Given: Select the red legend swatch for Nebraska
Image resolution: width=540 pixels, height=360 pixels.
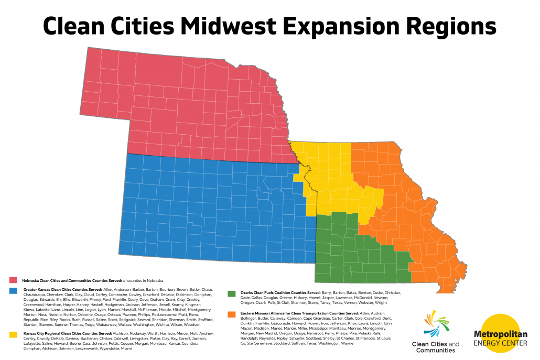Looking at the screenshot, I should [x=13, y=280].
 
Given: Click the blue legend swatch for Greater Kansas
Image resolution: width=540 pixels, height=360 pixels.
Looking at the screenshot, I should [x=13, y=290].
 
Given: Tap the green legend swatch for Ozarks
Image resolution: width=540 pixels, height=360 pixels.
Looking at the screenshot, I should [x=232, y=293].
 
